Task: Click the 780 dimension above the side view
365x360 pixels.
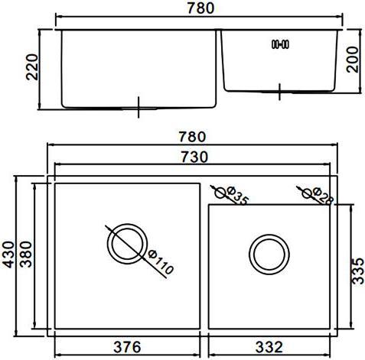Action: pyautogui.click(x=200, y=8)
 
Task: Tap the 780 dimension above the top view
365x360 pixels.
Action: pyautogui.click(x=192, y=137)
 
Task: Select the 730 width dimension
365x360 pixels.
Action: pyautogui.click(x=194, y=157)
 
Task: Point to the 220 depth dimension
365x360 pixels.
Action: pyautogui.click(x=32, y=67)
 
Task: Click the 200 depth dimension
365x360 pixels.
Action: pyautogui.click(x=353, y=60)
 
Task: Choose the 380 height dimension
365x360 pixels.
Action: pyautogui.click(x=26, y=254)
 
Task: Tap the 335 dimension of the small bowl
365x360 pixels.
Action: pyautogui.click(x=358, y=271)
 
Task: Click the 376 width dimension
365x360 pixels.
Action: pyautogui.click(x=127, y=347)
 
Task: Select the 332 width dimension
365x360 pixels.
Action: pyautogui.click(x=269, y=347)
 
